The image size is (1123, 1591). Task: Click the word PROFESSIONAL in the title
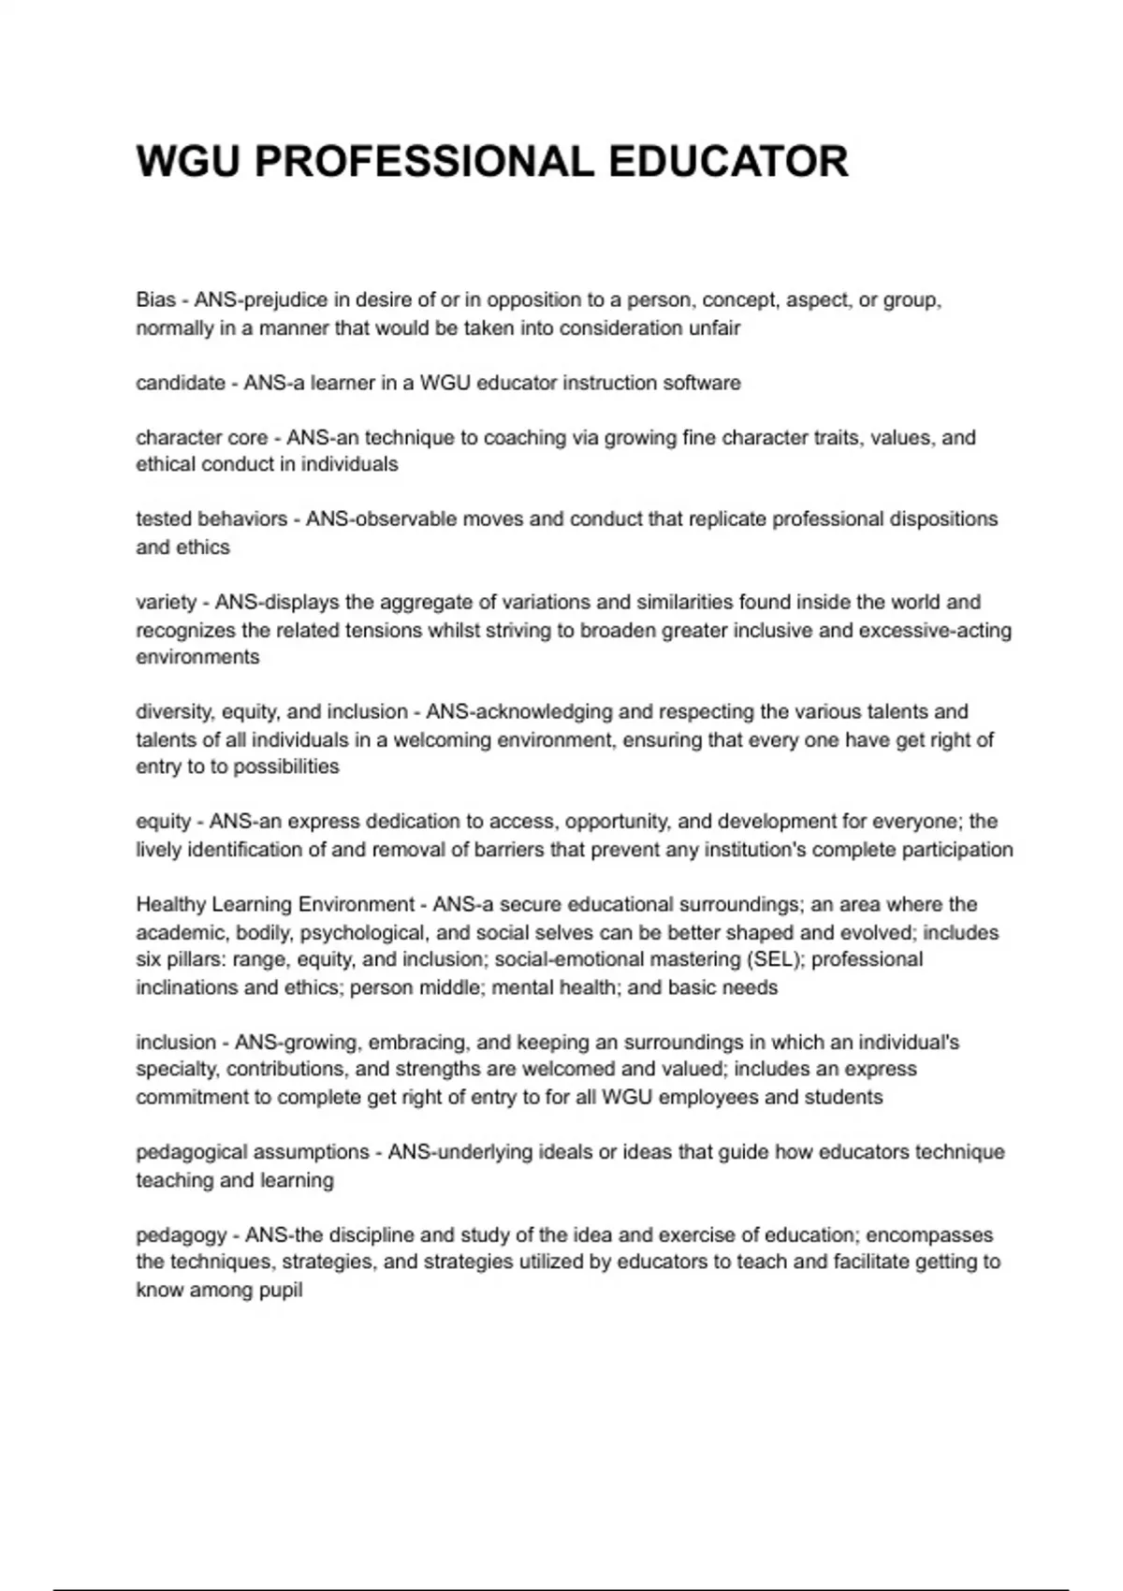(x=424, y=161)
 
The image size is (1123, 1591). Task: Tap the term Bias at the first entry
(x=155, y=300)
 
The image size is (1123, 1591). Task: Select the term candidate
(x=181, y=383)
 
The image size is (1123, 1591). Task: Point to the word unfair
(x=714, y=328)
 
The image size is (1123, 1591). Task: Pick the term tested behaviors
(x=211, y=519)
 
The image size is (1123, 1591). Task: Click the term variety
(x=167, y=602)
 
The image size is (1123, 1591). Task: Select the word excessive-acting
(x=935, y=630)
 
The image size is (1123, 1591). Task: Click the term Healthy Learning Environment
(x=275, y=905)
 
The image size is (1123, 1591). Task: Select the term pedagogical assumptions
(x=253, y=1152)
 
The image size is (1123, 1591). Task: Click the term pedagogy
(x=182, y=1235)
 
